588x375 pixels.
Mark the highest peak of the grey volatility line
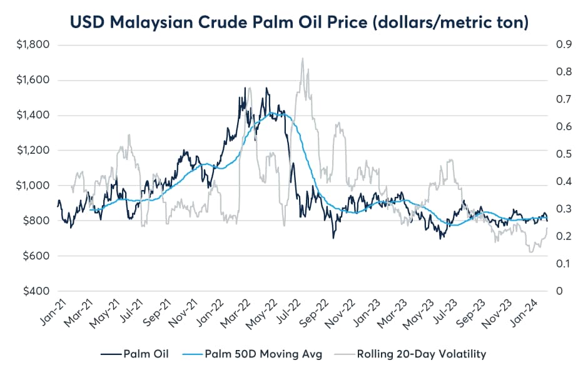[303, 59]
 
